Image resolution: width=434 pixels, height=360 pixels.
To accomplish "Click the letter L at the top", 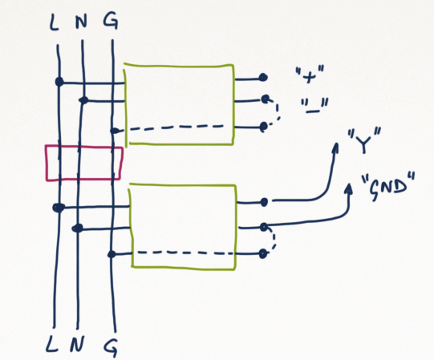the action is coord(55,22).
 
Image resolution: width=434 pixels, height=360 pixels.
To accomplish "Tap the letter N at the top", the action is coord(82,21).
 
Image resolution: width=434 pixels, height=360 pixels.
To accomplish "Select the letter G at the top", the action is coord(111,21).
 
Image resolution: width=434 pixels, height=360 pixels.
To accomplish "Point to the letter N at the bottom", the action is coord(77,343).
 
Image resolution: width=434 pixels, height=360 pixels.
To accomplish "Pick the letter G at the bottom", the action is coord(112,347).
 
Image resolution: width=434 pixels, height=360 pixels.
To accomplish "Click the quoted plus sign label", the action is coord(310,75).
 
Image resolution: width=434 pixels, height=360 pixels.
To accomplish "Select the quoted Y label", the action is coord(364,140).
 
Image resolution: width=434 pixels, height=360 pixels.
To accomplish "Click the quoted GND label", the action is coord(388,186).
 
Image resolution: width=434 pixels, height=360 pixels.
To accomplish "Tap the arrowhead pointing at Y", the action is coord(336,148).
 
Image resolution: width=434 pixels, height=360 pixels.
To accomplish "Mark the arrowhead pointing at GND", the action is coord(349,188).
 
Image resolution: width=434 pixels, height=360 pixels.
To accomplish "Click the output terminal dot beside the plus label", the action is coord(263,77).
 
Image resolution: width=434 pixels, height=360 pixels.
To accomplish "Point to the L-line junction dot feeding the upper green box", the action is coord(59,82).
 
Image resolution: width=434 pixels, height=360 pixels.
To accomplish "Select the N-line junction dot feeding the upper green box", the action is coord(83,100).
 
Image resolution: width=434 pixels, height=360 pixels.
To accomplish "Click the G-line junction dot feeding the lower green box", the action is coord(112,254).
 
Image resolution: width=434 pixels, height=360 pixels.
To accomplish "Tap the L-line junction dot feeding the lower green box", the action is coord(59,208).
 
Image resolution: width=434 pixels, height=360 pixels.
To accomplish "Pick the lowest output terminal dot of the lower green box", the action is coord(263,253).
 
